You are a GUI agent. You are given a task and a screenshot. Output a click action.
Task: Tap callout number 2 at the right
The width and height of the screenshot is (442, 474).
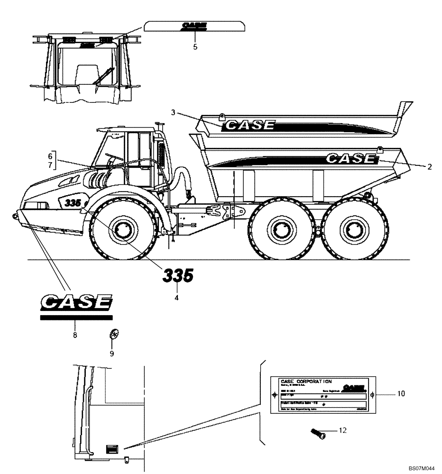point(429,166)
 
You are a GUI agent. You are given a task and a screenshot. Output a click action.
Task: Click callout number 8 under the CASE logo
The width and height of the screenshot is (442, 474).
point(74,335)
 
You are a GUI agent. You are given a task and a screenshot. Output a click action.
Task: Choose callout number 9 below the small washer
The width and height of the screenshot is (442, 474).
point(112,353)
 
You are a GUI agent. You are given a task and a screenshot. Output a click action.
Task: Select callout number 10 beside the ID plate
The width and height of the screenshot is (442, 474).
point(402,394)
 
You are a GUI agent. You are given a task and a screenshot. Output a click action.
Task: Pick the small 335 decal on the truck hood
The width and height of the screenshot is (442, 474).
point(71,202)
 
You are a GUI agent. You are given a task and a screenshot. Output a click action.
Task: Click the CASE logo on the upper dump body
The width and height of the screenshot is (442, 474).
point(250,125)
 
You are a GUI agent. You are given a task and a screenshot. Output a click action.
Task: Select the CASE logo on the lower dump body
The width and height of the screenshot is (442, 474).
point(350,158)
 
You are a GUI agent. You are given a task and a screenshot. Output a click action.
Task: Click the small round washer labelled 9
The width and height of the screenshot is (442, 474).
point(113,335)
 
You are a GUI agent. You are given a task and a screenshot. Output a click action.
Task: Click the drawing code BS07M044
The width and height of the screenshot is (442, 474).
point(422,468)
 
